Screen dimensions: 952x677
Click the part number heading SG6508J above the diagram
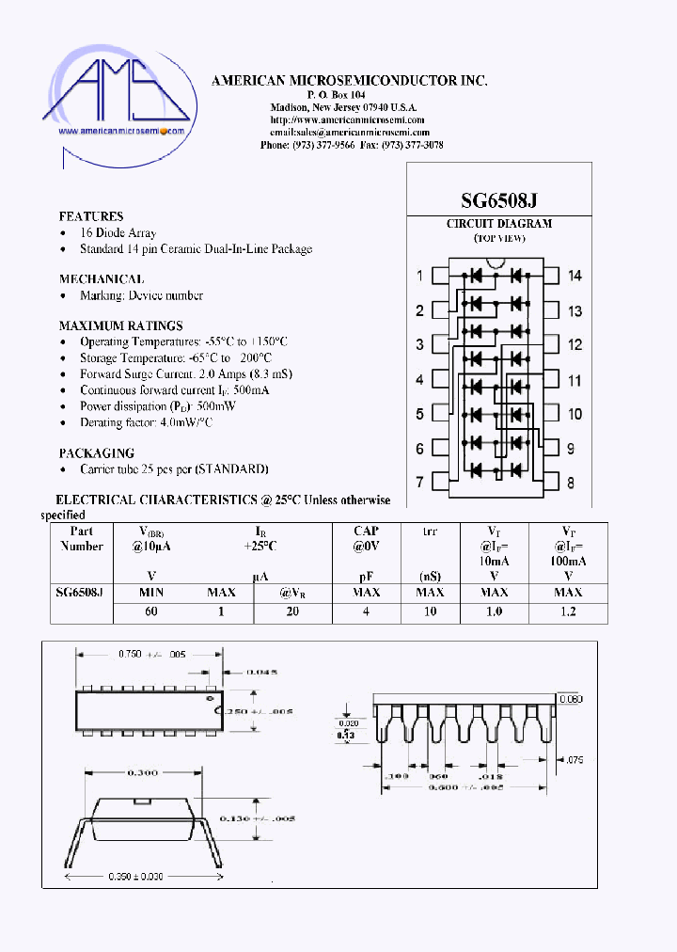click(498, 200)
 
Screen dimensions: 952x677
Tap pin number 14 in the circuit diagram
click(575, 276)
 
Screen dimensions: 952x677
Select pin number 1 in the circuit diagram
click(419, 276)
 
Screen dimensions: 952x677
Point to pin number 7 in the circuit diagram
click(419, 483)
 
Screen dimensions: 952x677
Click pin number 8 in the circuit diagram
click(571, 483)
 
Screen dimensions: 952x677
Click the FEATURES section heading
click(91, 216)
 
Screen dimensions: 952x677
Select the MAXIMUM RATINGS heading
click(120, 325)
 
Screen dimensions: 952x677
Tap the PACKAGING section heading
click(97, 452)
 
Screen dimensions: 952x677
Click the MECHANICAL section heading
click(102, 279)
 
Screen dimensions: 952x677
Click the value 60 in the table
click(150, 611)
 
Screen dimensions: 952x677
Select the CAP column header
click(366, 532)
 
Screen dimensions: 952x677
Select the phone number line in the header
click(351, 146)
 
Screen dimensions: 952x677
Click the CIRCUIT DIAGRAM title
click(498, 224)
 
